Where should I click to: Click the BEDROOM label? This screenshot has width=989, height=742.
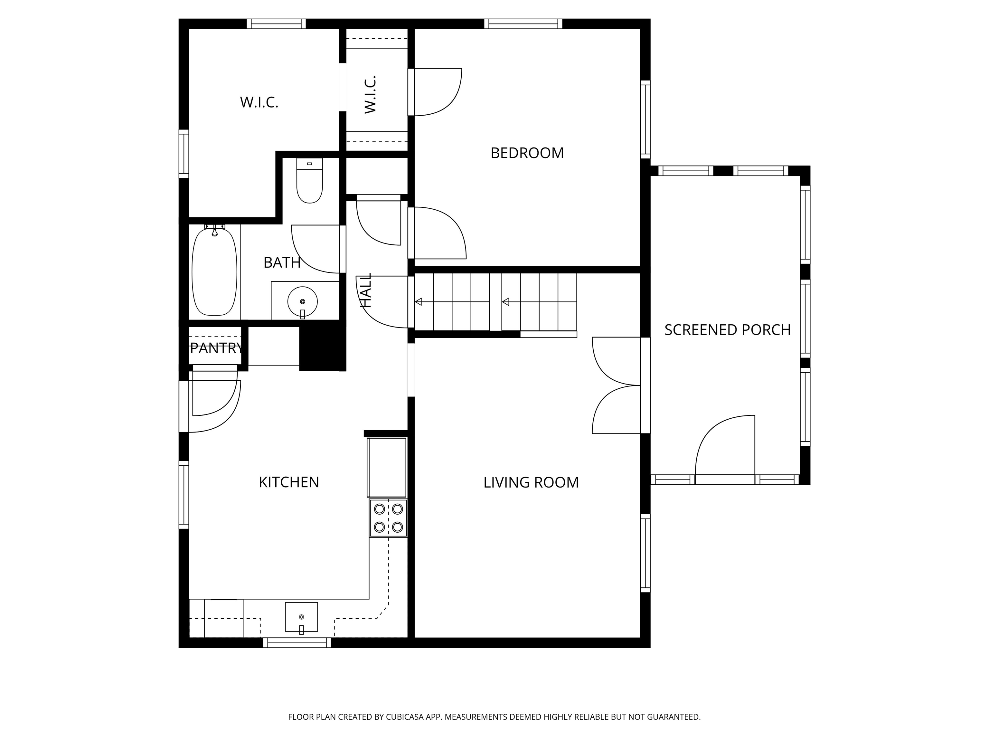point(527,153)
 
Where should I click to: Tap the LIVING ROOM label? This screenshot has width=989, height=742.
point(531,482)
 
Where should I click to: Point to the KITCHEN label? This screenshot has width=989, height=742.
point(289,482)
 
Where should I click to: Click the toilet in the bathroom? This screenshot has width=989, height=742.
point(309,181)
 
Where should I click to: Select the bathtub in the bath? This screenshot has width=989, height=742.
point(214,271)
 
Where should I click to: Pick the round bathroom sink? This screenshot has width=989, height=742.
point(303,301)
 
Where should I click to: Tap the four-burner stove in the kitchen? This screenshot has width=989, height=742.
point(388,518)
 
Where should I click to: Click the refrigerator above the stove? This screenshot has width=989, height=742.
point(387,467)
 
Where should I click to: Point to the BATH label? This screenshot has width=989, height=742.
point(282,262)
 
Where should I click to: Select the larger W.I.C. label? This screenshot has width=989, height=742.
point(259,102)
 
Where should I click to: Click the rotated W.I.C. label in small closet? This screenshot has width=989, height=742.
point(370,95)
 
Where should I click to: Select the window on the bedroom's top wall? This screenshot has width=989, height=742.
point(523,24)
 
